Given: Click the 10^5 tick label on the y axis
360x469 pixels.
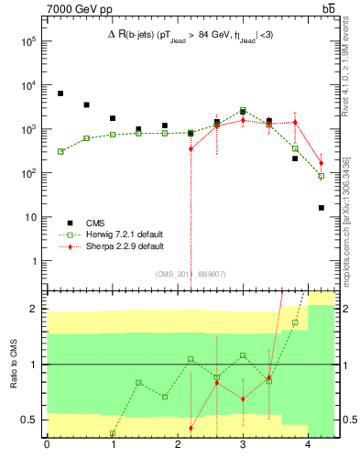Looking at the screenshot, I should click(x=28, y=41).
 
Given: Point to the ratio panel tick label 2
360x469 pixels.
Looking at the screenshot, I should click(x=33, y=310).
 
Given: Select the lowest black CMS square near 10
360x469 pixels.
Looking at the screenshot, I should click(x=322, y=208).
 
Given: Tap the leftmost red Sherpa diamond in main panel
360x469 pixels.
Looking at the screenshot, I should click(x=191, y=148).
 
